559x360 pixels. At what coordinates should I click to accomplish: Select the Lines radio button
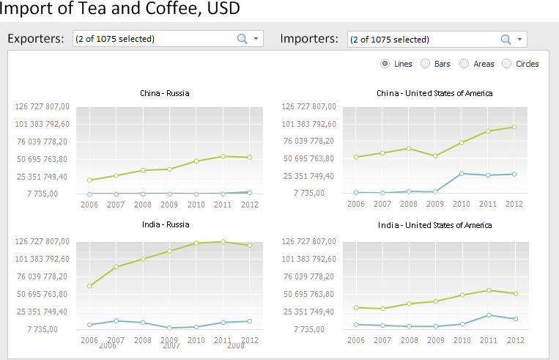(385, 64)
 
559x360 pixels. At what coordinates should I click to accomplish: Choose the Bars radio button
(425, 64)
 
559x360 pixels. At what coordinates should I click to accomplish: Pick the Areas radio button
(464, 64)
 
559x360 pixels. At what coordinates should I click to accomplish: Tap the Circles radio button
(506, 64)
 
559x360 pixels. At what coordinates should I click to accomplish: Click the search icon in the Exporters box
(243, 39)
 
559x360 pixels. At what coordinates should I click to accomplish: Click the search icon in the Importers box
(506, 40)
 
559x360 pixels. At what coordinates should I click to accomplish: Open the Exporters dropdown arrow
(256, 39)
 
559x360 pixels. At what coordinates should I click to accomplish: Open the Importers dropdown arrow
(519, 40)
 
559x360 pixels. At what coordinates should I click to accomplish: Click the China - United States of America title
(434, 93)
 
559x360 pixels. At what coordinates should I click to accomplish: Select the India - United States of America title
(435, 225)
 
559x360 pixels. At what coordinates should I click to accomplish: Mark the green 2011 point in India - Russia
(223, 241)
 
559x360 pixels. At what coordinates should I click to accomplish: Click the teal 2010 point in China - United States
(462, 173)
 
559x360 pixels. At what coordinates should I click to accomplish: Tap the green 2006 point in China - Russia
(89, 180)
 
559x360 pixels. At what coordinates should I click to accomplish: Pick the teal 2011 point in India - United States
(489, 315)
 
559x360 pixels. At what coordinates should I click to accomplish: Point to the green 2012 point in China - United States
(515, 127)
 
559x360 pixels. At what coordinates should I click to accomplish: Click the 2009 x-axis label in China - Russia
(169, 205)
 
